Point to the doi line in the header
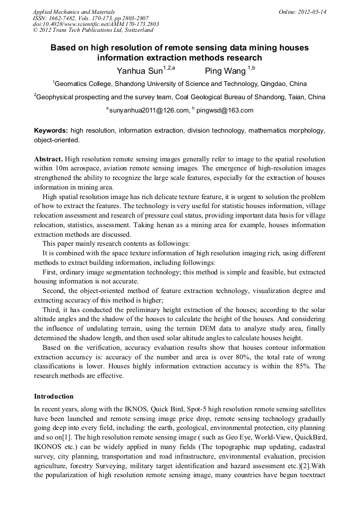coord(96,24)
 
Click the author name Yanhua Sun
coord(140,71)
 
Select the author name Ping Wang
coord(225,71)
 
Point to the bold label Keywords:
coord(51,131)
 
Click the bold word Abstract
coord(48,159)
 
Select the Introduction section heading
coord(54,396)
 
